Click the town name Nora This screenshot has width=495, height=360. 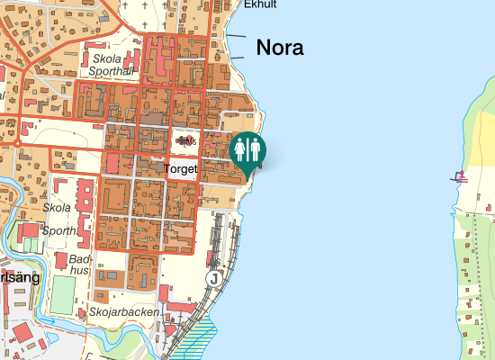coord(280,48)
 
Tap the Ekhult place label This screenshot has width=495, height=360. coord(260,4)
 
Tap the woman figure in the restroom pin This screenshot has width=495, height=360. coord(240,148)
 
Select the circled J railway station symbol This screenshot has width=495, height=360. coord(213,278)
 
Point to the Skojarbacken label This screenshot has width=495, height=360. coord(124,312)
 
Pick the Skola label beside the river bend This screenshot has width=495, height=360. coord(57,207)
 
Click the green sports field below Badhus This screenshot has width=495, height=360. coord(62,294)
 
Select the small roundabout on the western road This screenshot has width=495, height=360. coord(17,142)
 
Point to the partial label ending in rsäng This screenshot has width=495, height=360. coord(19,278)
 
